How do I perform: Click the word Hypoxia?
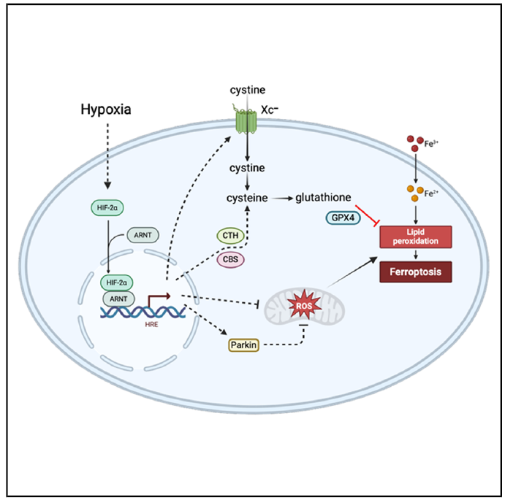click(x=106, y=109)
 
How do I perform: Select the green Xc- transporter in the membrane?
click(x=247, y=120)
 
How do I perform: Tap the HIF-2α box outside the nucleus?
click(x=107, y=207)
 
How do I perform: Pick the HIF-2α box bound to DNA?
click(x=117, y=282)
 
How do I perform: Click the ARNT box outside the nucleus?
click(x=143, y=235)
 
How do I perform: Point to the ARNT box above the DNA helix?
click(x=118, y=299)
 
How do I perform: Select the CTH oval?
click(x=231, y=236)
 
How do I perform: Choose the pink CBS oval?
click(x=231, y=259)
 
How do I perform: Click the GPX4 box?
click(x=343, y=218)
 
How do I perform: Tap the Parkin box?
click(x=244, y=345)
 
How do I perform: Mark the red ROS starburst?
click(x=304, y=304)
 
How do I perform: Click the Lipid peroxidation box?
click(x=415, y=236)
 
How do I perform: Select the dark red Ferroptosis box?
click(x=415, y=272)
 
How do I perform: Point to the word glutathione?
click(x=323, y=197)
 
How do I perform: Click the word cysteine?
click(x=247, y=198)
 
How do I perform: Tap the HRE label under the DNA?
click(x=151, y=324)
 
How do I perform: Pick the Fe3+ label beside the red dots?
click(x=431, y=144)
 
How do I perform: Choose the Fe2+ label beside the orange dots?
click(x=431, y=193)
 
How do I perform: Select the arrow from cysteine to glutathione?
click(x=282, y=199)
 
